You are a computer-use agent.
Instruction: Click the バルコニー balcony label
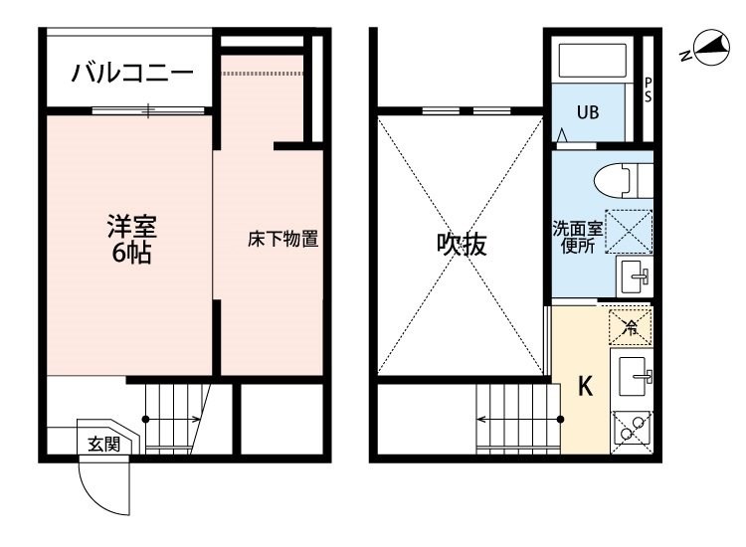click(132, 73)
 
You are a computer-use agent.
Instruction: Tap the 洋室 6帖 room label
click(131, 240)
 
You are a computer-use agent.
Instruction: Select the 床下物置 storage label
click(282, 239)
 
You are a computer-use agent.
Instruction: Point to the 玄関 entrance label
click(103, 445)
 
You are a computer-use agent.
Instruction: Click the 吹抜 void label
click(462, 244)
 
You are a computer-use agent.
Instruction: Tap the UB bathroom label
click(588, 112)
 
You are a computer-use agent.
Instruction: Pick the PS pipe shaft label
click(648, 90)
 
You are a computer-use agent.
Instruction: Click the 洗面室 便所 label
click(578, 238)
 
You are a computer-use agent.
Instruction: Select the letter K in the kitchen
click(585, 386)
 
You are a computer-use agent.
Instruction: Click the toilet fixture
click(624, 181)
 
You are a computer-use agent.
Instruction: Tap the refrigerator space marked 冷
click(631, 327)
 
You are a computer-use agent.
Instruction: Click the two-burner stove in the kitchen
click(632, 433)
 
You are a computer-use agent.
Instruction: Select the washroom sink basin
click(635, 275)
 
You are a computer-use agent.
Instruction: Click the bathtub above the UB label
click(593, 61)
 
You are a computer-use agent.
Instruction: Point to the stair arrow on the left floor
click(173, 419)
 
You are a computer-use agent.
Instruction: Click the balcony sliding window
click(148, 110)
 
